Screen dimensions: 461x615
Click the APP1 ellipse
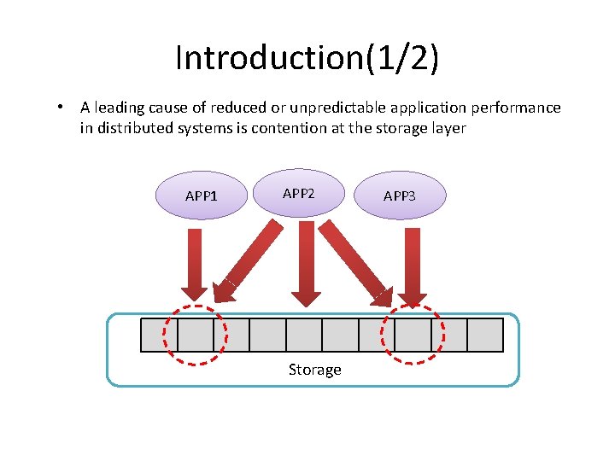(202, 195)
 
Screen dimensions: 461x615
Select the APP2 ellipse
(299, 193)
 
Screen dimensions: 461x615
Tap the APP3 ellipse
(400, 195)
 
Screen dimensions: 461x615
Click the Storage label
(314, 370)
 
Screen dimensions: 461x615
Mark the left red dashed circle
(196, 335)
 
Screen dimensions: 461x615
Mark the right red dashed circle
(413, 335)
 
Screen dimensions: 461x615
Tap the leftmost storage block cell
(159, 335)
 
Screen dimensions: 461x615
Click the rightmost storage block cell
(485, 335)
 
